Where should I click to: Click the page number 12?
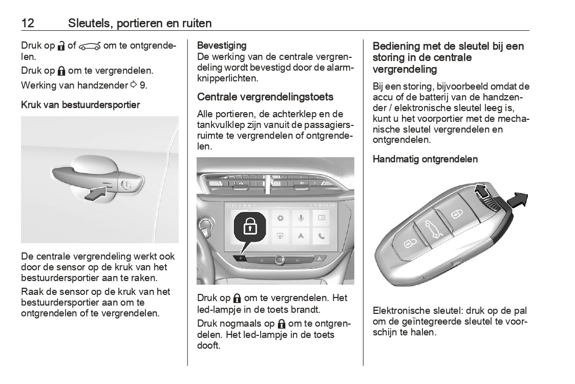[x=28, y=23]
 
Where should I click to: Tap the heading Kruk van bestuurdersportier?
[x=80, y=105]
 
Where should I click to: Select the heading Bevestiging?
[x=222, y=46]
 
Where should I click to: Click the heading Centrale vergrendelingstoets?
[x=265, y=97]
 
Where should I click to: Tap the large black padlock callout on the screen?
[x=251, y=227]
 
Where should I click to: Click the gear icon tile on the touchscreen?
[x=281, y=219]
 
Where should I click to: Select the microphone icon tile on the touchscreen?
[x=301, y=219]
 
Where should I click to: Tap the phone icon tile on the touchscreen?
[x=322, y=236]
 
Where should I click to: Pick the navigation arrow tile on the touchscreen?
[x=301, y=236]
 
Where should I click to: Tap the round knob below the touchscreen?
[x=279, y=260]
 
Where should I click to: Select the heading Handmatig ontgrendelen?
[x=425, y=159]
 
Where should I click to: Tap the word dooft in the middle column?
[x=208, y=346]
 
